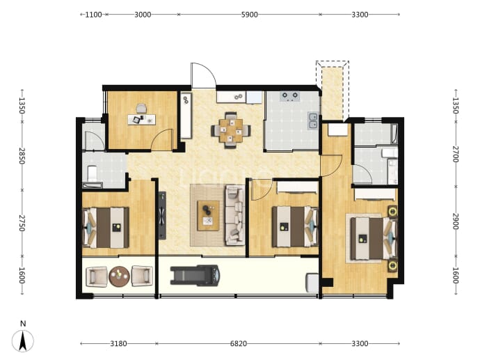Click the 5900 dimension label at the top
tap(249, 15)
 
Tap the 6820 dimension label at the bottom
tap(238, 344)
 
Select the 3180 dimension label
tap(118, 344)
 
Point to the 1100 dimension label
tap(93, 15)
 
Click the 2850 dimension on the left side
tap(22, 156)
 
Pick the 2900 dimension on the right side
tap(456, 221)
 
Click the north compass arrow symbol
tap(23, 341)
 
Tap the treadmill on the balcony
tap(195, 276)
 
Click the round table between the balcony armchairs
tap(120, 276)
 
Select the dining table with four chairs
tap(231, 131)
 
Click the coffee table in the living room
tap(208, 216)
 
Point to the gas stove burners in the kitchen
tap(290, 96)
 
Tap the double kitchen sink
tap(313, 120)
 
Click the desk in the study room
tap(141, 120)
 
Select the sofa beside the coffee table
tap(235, 215)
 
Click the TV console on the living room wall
tap(162, 215)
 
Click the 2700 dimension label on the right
tap(456, 155)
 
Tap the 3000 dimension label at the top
tap(143, 15)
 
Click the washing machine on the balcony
tap(312, 283)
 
